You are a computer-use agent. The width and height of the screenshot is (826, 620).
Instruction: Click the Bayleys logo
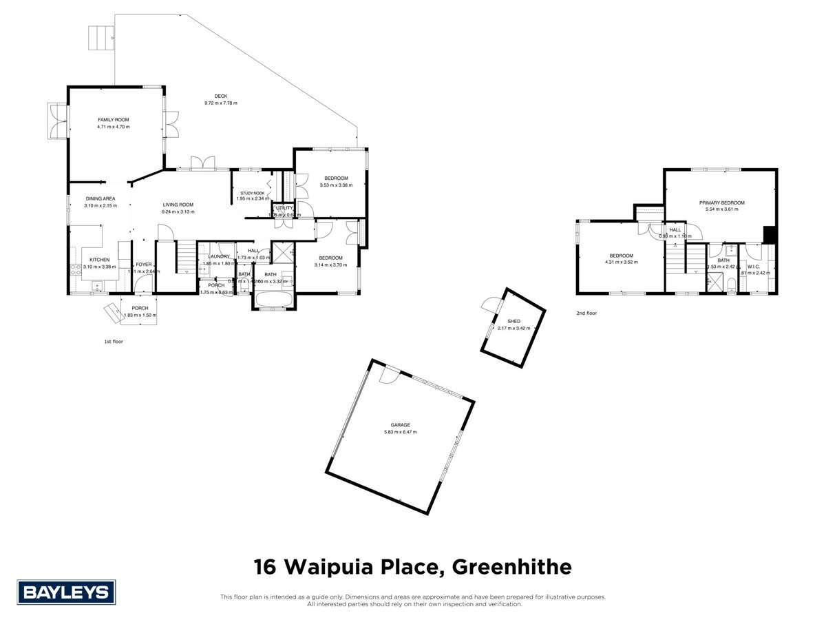point(66,592)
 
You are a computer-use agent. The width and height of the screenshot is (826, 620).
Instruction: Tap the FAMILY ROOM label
point(113,120)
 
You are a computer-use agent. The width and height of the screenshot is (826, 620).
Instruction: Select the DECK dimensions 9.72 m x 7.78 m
point(220,103)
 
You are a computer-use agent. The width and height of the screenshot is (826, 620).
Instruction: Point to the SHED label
point(513,321)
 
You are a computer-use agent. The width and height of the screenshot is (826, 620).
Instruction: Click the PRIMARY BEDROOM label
point(722,203)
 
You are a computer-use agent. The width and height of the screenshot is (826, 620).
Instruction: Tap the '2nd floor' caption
point(587,313)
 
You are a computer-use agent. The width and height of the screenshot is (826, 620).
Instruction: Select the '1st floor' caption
point(113,341)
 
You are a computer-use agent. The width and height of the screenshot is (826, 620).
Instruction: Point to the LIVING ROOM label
point(178,205)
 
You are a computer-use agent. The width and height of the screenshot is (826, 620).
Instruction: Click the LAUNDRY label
point(218,256)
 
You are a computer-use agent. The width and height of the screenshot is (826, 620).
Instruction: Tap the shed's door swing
point(490,305)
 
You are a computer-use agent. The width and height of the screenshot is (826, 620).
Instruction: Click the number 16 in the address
point(266,567)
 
